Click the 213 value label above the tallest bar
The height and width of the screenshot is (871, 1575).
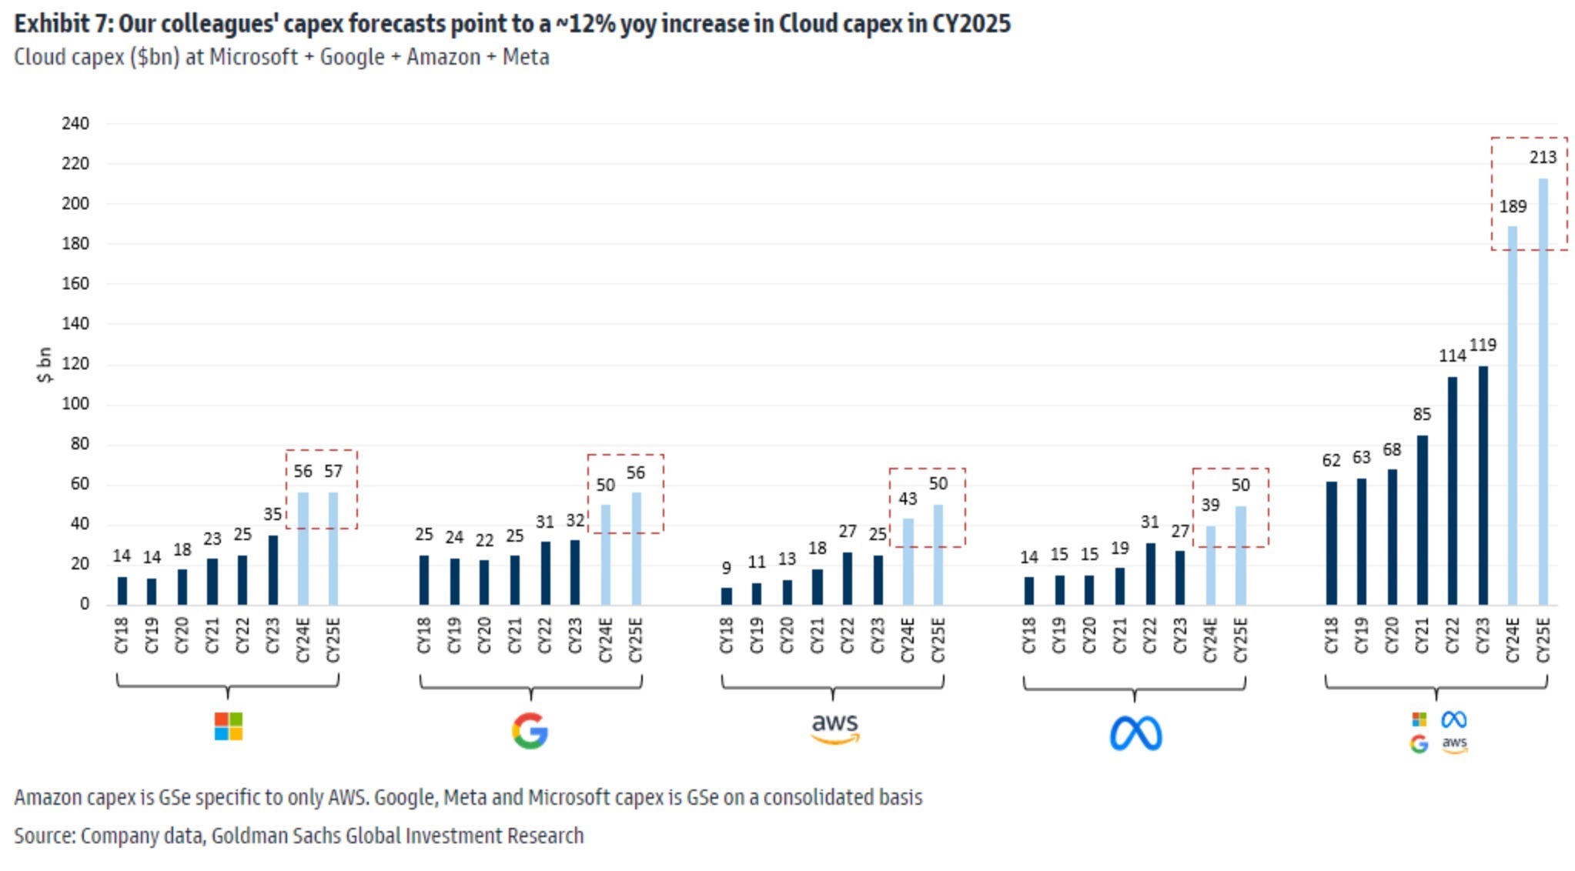coord(1542,158)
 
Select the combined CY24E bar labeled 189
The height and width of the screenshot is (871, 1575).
coord(1512,415)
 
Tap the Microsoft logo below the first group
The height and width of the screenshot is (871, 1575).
coord(228,726)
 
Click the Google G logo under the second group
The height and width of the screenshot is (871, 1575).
coord(530,730)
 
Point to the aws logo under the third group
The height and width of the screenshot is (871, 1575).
coord(834,728)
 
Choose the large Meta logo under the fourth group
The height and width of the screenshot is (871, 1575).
coord(1135,733)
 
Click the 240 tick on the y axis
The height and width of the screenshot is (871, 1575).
coord(75,123)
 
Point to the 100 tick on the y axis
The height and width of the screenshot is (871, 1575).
coord(75,404)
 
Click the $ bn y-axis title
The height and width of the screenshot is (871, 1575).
coord(45,365)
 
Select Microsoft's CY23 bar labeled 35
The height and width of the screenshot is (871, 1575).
coord(273,570)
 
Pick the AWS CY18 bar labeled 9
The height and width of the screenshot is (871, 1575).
coord(726,596)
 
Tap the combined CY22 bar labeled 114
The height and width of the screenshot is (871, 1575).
coord(1452,491)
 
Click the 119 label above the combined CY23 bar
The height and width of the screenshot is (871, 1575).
coord(1483,345)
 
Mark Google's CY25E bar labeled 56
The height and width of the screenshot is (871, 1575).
coord(636,549)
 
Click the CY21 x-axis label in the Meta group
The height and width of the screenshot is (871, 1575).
coord(1119,636)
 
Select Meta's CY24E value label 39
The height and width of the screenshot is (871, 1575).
coord(1210,506)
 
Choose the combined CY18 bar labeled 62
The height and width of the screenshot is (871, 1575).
coord(1331,543)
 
